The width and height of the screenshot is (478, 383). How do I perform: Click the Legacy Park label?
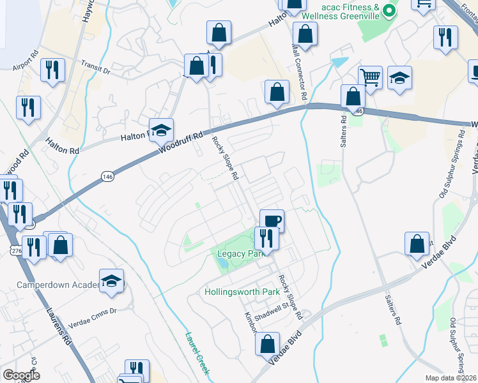240,254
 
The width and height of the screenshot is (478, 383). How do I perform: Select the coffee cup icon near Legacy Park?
272,221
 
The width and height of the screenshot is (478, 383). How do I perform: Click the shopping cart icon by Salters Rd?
370,77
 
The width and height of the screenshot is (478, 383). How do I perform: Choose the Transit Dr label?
96,68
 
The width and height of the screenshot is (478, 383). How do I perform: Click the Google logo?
21,375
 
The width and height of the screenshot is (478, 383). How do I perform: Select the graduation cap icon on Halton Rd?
162,131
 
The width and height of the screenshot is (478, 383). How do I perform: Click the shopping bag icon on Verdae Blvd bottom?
267,344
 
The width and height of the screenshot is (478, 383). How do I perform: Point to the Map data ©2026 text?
451,378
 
